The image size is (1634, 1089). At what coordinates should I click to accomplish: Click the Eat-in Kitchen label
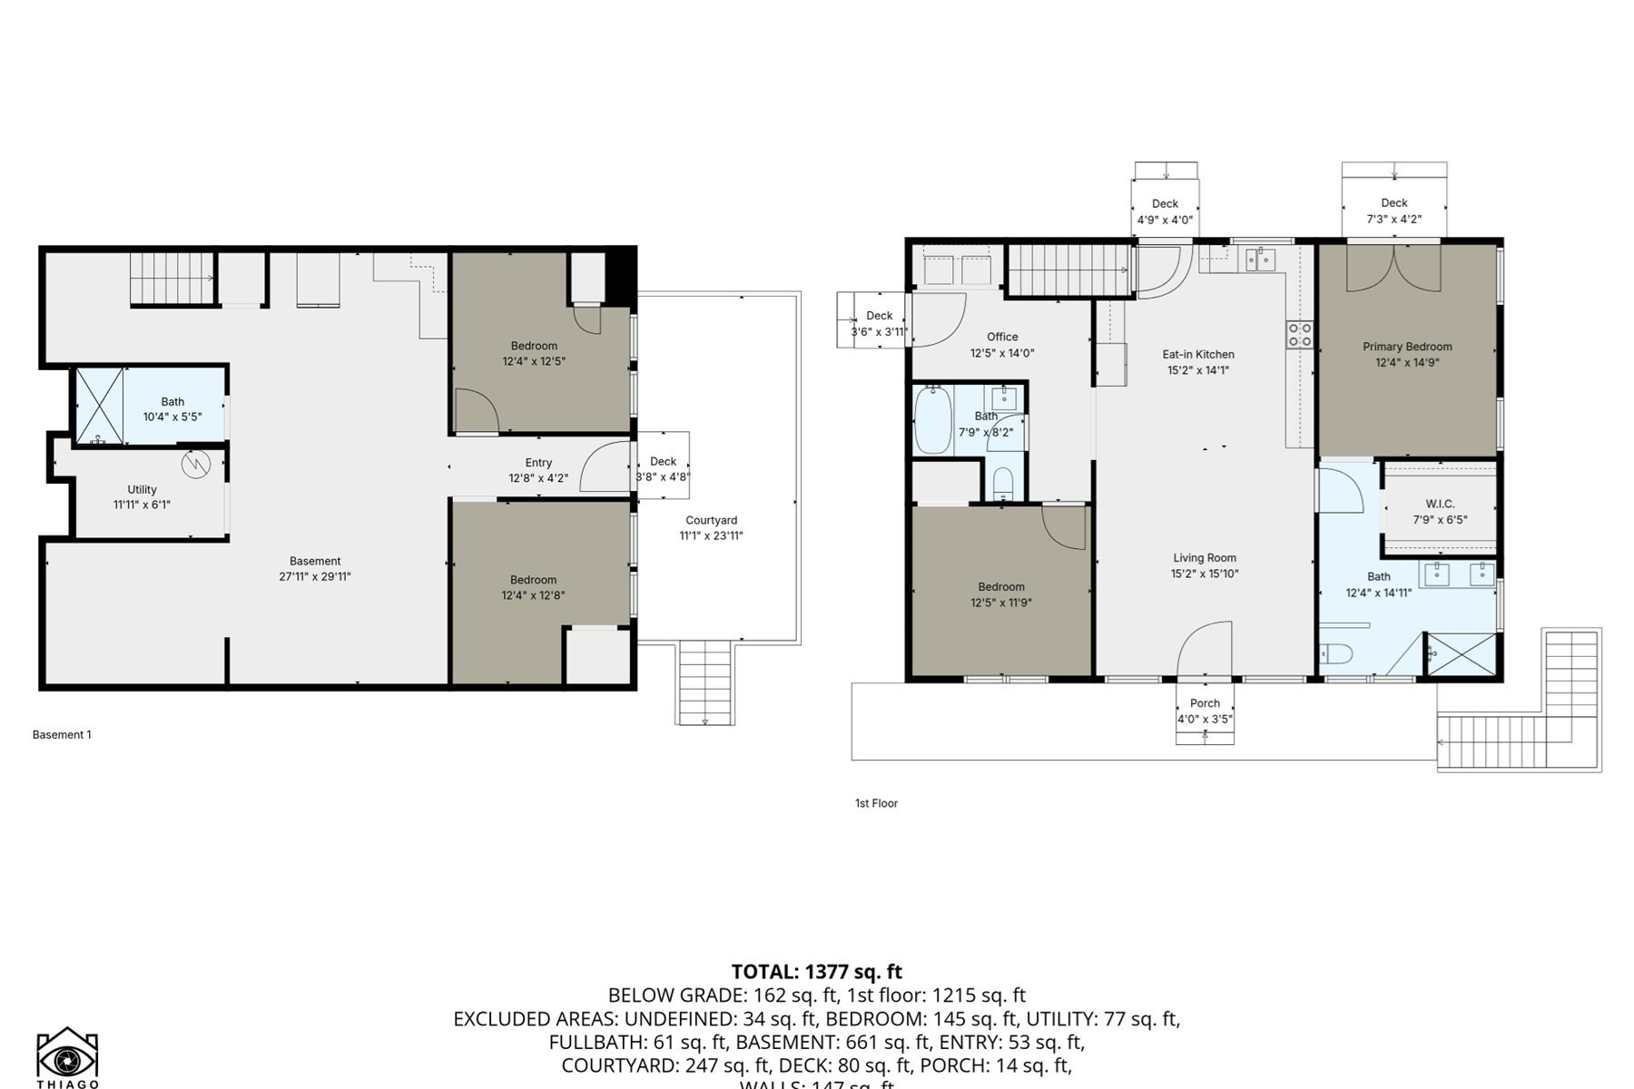[1198, 355]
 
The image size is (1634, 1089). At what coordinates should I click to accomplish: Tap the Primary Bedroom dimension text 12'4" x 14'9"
[1407, 363]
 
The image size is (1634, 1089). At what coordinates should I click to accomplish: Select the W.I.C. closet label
[1440, 504]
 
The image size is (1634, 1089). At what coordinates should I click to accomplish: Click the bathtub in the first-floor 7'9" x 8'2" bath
[932, 420]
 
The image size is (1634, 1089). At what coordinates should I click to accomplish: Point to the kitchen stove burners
[1299, 335]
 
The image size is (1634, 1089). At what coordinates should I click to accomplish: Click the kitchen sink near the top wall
[1260, 261]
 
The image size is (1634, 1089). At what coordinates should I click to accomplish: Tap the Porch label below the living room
[1205, 703]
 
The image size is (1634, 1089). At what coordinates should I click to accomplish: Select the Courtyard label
[711, 520]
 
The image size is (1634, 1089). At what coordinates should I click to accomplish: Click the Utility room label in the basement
[142, 489]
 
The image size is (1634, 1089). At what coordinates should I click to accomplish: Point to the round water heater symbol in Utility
[196, 465]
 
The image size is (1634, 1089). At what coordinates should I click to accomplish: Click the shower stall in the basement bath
[98, 406]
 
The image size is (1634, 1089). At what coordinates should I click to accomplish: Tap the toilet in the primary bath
[1336, 653]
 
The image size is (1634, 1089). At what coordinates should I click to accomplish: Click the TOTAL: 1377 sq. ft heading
[816, 972]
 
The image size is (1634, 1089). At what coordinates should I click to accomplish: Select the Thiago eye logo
[67, 1057]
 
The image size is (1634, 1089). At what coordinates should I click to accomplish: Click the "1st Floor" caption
[876, 803]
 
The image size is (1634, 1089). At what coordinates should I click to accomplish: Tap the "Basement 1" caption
[62, 735]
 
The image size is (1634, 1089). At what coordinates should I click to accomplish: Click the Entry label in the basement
[538, 463]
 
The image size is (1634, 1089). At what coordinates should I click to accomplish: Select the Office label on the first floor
[1002, 337]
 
